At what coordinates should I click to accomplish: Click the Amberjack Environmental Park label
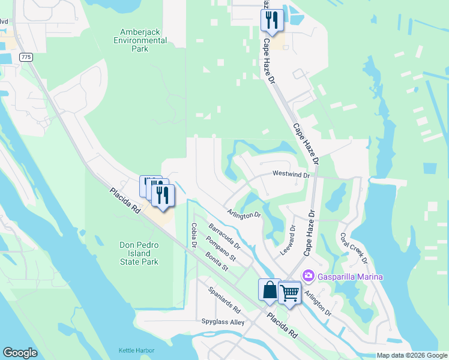pos(142,40)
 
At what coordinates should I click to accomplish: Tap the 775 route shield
pos(25,56)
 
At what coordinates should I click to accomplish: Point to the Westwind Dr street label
pos(290,175)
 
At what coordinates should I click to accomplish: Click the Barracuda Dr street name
pos(224,237)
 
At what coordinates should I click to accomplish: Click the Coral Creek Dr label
pos(353,248)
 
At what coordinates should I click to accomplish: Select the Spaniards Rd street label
pos(224,301)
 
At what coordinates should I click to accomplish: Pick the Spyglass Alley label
pos(223,322)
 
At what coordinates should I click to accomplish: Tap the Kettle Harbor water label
pos(136,350)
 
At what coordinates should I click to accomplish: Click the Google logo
pos(20,353)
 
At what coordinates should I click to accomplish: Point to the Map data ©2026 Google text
pos(411,355)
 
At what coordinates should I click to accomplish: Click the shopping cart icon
pos(289,292)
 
